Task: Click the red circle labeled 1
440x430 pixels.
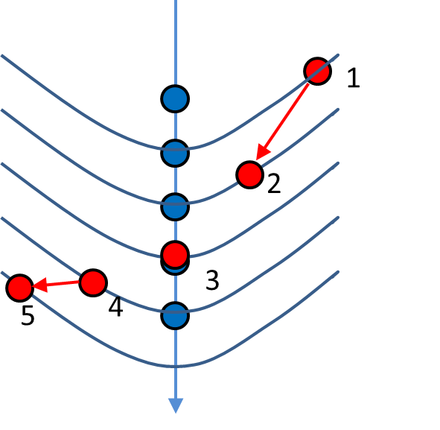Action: point(317,71)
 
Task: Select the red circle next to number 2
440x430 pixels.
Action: point(249,174)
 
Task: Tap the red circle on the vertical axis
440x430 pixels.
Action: point(175,254)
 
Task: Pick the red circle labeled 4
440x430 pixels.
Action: point(93,283)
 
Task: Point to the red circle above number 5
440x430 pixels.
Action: point(19,288)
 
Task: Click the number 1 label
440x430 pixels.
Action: point(354,78)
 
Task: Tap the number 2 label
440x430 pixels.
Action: point(274,183)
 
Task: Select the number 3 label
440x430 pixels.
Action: point(212,279)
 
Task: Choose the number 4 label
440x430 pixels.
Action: point(115,307)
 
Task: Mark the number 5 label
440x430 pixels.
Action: point(28,315)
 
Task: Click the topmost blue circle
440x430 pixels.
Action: point(175,99)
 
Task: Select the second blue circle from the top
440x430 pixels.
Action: point(175,153)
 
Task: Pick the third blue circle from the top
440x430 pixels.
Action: point(175,207)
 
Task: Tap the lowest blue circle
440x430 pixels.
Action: point(175,315)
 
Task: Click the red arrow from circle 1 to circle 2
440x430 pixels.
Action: point(283,122)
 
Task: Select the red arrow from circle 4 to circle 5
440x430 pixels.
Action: point(56,285)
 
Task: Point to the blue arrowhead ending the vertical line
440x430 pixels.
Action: point(176,405)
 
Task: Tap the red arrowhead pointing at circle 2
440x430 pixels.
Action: point(263,152)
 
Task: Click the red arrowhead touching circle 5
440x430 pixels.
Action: point(39,285)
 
